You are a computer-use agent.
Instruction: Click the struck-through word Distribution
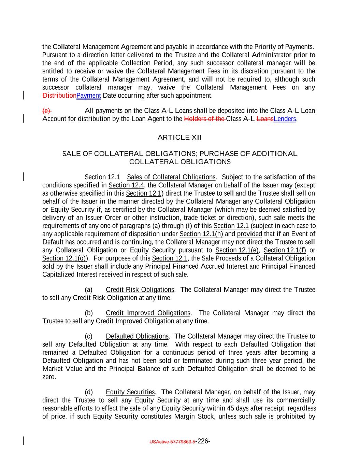[59, 96]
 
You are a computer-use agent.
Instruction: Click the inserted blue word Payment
[89, 96]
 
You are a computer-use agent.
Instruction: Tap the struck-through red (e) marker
[46, 111]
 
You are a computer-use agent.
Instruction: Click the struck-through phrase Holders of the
[204, 119]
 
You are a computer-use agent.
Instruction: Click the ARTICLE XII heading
[180, 138]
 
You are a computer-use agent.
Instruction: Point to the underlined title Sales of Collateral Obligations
[171, 177]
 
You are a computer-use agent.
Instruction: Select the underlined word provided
[249, 234]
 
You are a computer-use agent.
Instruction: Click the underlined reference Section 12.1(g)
[64, 258]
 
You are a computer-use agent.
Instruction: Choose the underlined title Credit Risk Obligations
[140, 290]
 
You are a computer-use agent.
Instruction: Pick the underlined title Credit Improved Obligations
[148, 313]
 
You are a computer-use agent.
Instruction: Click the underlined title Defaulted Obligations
[137, 336]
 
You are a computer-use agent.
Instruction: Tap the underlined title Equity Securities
[130, 392]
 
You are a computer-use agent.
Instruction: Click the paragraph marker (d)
[89, 392]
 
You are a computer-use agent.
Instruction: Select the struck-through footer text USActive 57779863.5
[172, 442]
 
